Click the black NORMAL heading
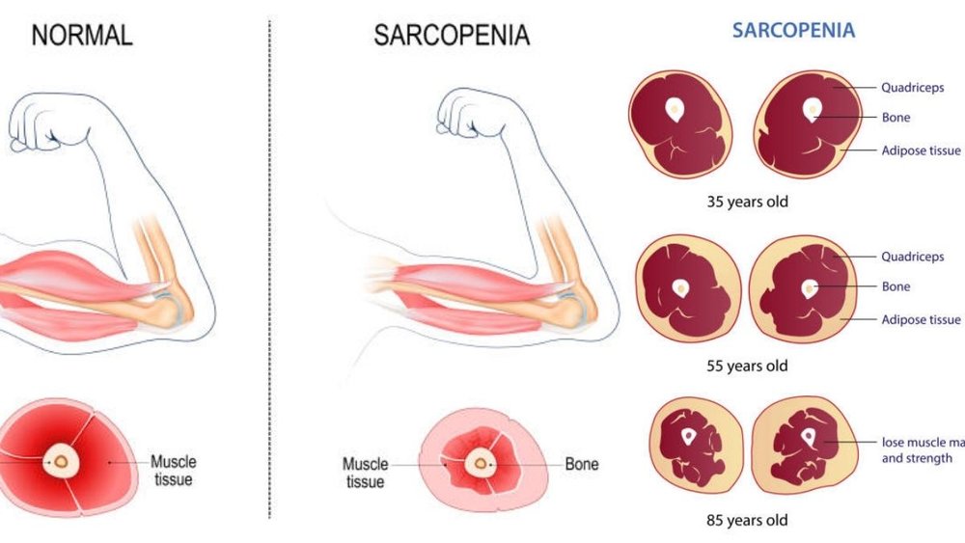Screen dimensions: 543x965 pyautogui.click(x=82, y=36)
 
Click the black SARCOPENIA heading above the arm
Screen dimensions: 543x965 pyautogui.click(x=452, y=36)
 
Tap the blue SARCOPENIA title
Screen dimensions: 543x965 pyautogui.click(x=793, y=30)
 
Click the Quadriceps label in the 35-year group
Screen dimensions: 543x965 pyautogui.click(x=912, y=88)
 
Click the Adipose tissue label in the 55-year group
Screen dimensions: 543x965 pyautogui.click(x=921, y=319)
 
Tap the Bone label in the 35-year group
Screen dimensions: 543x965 pyautogui.click(x=896, y=118)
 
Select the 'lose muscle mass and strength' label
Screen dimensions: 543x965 pyautogui.click(x=923, y=450)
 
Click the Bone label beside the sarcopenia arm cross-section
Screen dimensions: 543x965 pyautogui.click(x=581, y=464)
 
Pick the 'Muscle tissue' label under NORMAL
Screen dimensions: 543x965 pyautogui.click(x=171, y=471)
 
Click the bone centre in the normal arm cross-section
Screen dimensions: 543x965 pyautogui.click(x=61, y=462)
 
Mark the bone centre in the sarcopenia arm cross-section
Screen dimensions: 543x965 pyautogui.click(x=479, y=464)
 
